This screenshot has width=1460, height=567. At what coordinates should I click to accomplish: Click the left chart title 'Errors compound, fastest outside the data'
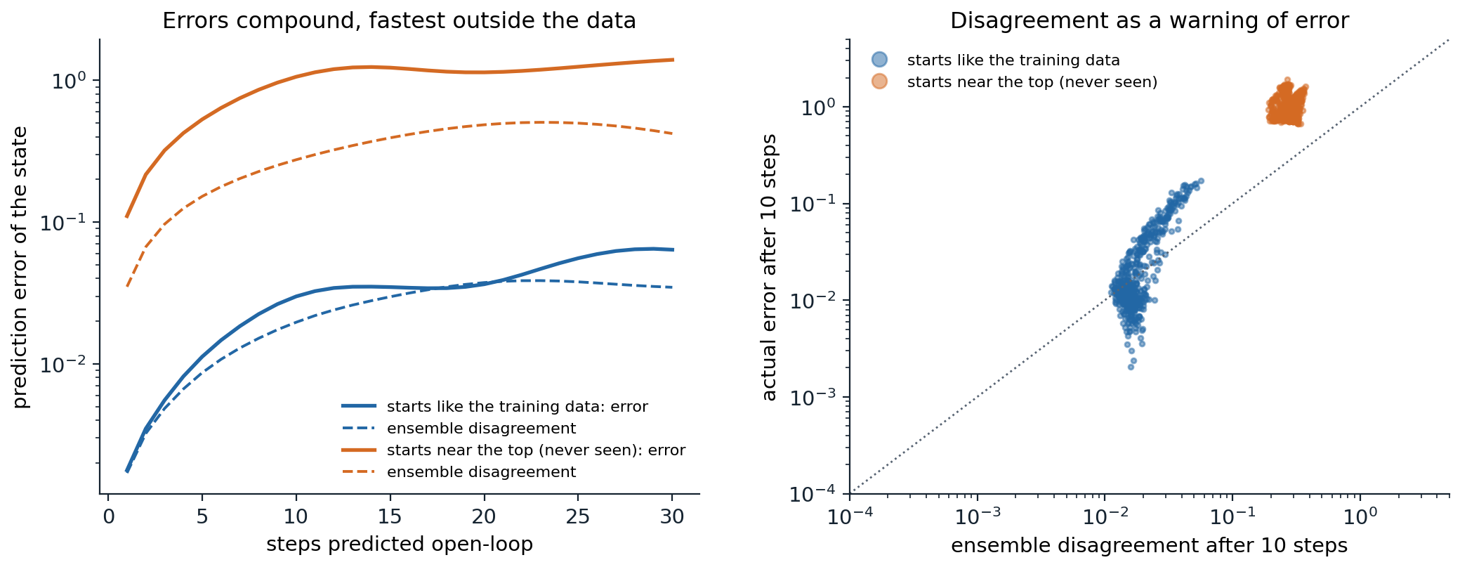(399, 20)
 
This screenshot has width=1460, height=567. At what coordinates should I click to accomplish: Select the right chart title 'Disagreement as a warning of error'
(1149, 20)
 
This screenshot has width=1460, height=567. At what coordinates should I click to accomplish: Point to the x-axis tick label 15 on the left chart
(390, 517)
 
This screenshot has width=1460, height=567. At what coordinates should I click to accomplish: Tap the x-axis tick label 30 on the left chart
(672, 517)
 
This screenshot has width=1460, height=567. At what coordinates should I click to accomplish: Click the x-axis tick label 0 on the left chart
(107, 517)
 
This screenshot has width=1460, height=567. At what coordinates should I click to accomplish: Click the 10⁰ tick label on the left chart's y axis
(69, 80)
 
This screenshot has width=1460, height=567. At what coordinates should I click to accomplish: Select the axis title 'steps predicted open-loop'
(399, 545)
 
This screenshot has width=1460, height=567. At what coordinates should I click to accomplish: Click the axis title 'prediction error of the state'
(20, 267)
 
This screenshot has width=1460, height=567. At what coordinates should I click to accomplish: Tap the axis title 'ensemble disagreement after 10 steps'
(1149, 546)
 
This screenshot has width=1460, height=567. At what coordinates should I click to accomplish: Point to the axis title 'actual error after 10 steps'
(770, 267)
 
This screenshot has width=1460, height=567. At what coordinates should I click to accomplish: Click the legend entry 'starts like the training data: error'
(517, 407)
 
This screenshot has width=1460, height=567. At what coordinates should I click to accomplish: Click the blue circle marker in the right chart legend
(879, 60)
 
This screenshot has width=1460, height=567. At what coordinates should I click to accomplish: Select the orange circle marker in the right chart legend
(879, 82)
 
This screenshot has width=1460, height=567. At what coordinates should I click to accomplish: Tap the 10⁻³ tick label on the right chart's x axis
(977, 517)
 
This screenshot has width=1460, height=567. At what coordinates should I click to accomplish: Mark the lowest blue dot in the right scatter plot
(1131, 367)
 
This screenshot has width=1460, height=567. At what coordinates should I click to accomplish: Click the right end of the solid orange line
(673, 60)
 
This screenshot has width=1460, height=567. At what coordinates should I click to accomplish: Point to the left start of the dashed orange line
(127, 286)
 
